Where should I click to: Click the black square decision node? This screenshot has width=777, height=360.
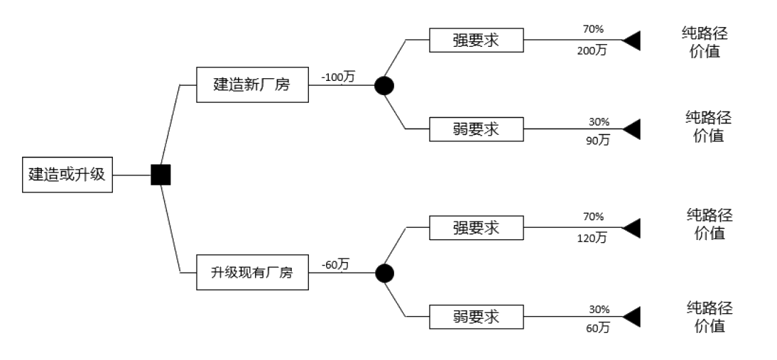(161, 175)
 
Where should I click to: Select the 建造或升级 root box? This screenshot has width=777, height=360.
(67, 175)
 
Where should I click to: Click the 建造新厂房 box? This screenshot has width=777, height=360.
(252, 84)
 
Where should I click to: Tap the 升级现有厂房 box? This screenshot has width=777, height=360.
(252, 273)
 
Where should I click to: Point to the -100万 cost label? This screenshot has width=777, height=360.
(338, 77)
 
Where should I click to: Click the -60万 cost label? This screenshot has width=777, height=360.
(335, 265)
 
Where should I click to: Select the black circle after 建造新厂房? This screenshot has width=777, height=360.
(384, 86)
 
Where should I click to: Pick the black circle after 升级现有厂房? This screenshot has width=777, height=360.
(384, 273)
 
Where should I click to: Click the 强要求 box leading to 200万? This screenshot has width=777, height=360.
(476, 40)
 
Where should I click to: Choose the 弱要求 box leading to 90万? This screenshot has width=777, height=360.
(476, 129)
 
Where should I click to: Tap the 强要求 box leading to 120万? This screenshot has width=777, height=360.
(476, 228)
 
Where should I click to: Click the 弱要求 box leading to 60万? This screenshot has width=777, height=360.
(476, 317)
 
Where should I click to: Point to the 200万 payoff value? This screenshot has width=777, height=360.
(592, 50)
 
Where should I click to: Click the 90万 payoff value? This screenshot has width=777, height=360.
(598, 140)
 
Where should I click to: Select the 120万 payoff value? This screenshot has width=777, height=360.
(592, 238)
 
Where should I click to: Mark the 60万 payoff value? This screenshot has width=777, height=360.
(598, 327)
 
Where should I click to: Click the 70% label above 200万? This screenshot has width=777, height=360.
(593, 29)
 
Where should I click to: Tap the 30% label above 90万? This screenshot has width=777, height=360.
(599, 122)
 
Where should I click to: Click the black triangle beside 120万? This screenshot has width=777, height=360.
(631, 228)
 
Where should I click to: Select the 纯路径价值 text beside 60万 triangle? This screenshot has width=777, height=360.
(710, 317)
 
